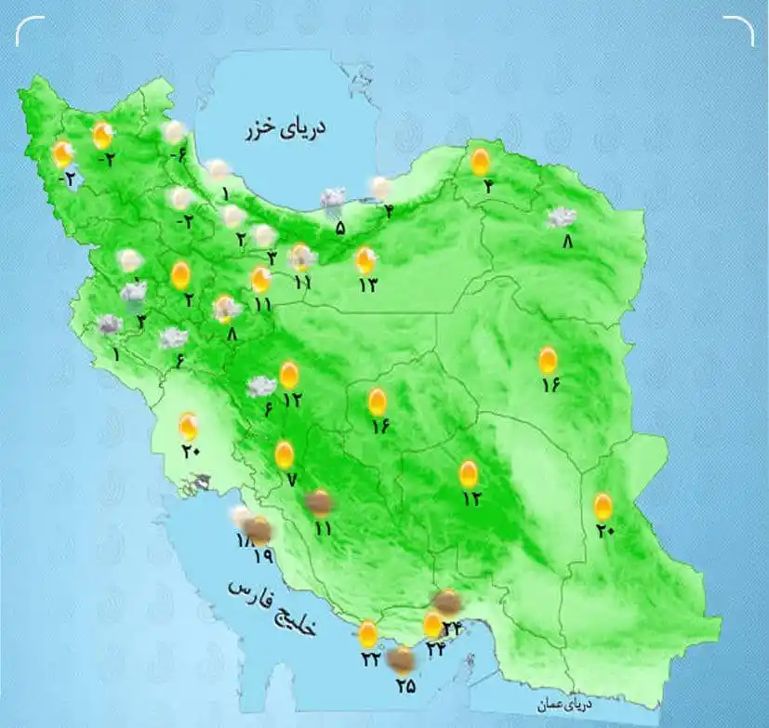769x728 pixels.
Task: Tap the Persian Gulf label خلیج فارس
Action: tap(273, 607)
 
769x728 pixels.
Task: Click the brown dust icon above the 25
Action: tap(401, 659)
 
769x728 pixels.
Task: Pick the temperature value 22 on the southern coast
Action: tap(370, 659)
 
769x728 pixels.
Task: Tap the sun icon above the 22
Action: tap(368, 634)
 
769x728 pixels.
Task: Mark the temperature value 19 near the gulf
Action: tap(262, 557)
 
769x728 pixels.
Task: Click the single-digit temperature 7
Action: tap(291, 481)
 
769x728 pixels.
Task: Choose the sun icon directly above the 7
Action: tap(285, 455)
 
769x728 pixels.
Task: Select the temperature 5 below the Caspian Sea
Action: tap(340, 227)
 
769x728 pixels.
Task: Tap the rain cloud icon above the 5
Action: tap(333, 199)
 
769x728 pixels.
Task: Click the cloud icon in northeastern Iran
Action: tap(561, 218)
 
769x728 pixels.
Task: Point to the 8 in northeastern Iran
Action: tap(568, 242)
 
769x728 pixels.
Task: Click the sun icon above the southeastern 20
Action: tap(603, 506)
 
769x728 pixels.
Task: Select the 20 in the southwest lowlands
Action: tap(192, 453)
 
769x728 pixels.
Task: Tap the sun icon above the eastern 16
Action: tap(549, 360)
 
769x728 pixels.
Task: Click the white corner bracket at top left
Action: tap(28, 31)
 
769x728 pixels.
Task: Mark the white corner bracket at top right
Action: tap(740, 31)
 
